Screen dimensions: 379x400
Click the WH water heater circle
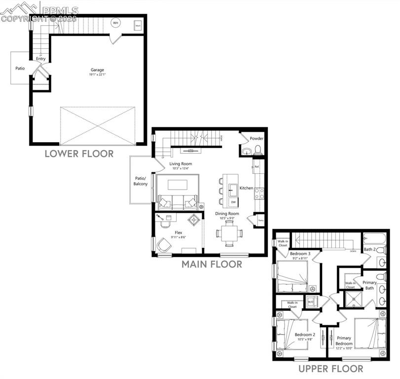tap(116, 23)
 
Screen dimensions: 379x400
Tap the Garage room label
tap(97, 70)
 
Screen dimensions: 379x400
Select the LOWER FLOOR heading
tap(79, 153)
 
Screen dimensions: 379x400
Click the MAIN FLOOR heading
tap(212, 265)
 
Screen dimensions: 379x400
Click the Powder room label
tap(256, 139)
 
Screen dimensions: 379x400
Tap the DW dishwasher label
tap(233, 202)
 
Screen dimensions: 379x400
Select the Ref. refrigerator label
tap(256, 167)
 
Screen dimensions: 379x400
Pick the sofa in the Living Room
tap(178, 201)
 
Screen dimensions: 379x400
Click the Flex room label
tap(179, 232)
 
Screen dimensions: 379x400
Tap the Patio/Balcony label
tap(141, 181)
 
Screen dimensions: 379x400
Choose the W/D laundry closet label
tap(311, 302)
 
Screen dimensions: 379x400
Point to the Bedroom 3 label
tap(299, 253)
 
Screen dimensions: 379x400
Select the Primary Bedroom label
tap(345, 341)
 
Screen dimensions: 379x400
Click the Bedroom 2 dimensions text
tap(304, 340)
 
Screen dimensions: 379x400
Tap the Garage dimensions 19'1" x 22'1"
tap(97, 75)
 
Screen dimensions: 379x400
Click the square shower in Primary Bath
tap(352, 298)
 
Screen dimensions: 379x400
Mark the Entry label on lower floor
tap(41, 59)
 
